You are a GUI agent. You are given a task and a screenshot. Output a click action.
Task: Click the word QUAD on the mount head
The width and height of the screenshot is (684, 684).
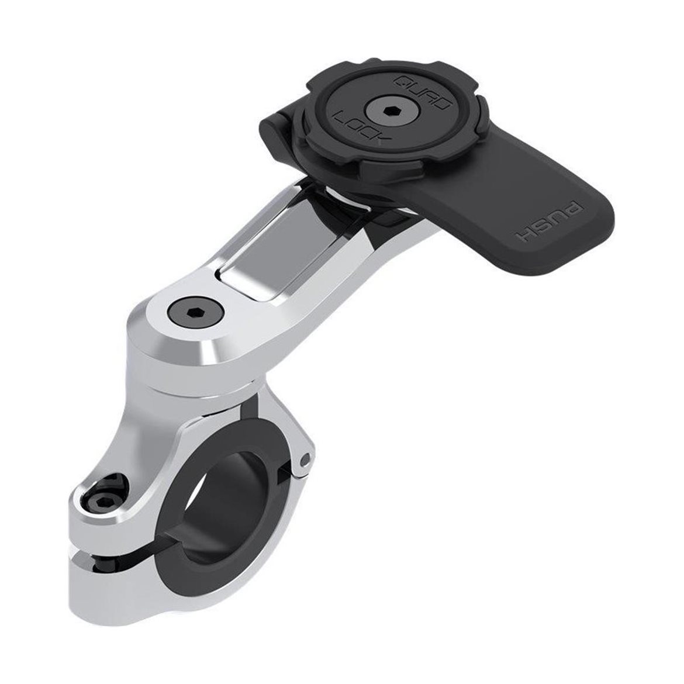tap(422, 93)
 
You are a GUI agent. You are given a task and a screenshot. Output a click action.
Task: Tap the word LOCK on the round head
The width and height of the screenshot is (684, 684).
tap(357, 127)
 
